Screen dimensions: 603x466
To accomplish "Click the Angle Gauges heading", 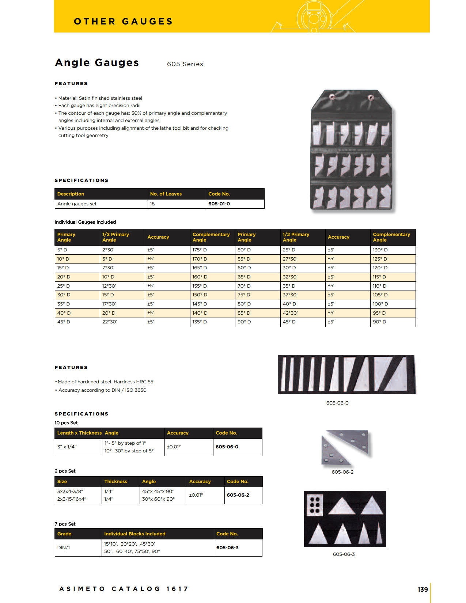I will (97, 63).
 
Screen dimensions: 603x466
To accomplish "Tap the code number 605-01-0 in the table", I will (219, 204).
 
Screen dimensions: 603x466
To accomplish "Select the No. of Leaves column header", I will (166, 194).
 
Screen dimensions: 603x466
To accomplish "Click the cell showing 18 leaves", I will (152, 204).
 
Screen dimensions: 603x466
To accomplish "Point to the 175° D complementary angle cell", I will (200, 250).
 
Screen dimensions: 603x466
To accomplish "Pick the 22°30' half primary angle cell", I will (110, 322).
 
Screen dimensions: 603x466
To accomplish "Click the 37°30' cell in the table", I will (290, 295).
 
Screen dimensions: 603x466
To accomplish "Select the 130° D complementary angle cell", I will (380, 250).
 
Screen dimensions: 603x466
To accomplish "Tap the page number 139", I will (423, 589).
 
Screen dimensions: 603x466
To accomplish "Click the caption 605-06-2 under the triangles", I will (342, 472).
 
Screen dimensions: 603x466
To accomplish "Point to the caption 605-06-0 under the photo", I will (337, 403).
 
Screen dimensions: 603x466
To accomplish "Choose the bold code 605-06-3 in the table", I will (227, 548).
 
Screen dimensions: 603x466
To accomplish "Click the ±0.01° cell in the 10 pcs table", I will (174, 447).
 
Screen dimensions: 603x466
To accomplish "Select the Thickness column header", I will (116, 482).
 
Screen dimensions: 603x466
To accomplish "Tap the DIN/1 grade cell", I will (64, 548).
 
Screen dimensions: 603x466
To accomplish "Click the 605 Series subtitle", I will (185, 64).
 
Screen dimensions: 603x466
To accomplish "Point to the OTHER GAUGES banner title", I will (123, 22).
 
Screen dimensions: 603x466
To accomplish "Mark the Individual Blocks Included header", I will (135, 534).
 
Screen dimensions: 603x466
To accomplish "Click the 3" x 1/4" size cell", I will (67, 447).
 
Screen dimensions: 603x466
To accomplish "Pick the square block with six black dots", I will (315, 505).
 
